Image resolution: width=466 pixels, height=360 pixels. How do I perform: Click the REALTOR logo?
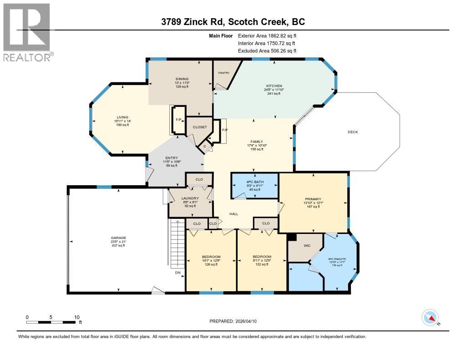coord(27,32)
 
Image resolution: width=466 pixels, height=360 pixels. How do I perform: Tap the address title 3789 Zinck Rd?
coord(233,22)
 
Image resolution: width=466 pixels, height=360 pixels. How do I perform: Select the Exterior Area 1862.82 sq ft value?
coord(268,35)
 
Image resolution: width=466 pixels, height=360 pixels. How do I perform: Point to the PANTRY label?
coord(223,72)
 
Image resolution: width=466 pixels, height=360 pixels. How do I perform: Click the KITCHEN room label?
coord(274,86)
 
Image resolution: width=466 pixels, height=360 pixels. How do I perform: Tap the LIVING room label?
coord(122,117)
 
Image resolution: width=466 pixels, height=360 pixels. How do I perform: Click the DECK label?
coord(353,132)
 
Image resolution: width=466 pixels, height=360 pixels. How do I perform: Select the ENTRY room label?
coord(171,158)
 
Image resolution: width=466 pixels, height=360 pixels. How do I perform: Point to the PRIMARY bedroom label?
coord(313,199)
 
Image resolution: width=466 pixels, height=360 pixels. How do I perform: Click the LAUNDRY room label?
coord(190,198)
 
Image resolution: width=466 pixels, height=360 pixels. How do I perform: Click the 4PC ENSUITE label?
coord(337,260)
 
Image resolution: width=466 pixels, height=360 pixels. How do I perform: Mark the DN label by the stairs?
coord(178,273)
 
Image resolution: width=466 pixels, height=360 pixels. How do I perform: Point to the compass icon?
coord(430,317)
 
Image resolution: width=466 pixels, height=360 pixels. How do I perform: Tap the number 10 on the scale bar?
coord(77,317)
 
